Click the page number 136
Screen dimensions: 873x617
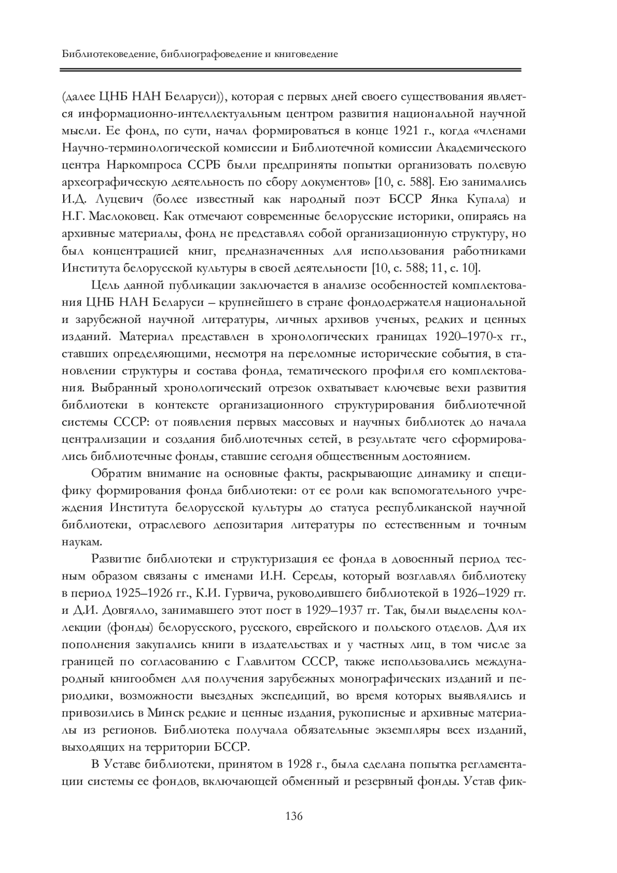tap(294, 816)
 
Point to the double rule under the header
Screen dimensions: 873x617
tap(291, 69)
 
